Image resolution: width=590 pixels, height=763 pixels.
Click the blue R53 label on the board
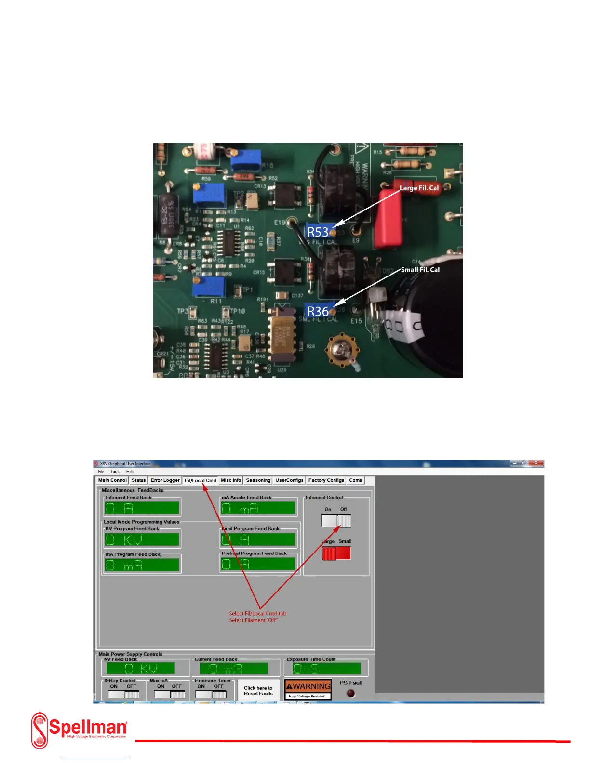click(318, 232)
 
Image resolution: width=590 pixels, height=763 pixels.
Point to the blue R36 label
click(318, 311)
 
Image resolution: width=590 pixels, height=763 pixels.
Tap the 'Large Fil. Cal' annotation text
click(419, 188)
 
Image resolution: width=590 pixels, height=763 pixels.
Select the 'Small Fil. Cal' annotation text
click(420, 270)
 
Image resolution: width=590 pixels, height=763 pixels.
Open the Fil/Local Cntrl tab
click(200, 480)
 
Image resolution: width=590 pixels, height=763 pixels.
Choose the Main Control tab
click(112, 480)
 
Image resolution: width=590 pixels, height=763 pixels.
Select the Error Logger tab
click(165, 480)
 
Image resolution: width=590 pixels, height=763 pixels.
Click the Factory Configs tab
click(326, 480)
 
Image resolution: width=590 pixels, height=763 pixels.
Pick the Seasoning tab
click(258, 480)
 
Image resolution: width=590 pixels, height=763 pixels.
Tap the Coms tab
click(355, 480)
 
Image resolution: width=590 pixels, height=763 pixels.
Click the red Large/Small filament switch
click(336, 553)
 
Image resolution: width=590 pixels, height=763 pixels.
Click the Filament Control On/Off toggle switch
click(336, 521)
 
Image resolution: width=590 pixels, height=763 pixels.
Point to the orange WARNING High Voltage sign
click(308, 689)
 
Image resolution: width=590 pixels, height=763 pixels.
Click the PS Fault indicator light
click(350, 694)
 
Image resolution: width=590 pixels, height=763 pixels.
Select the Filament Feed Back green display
click(142, 508)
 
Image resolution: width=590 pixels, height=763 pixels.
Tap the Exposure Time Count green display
click(326, 669)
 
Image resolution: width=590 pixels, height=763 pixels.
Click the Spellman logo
click(80, 730)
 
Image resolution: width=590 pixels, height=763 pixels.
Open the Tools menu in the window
click(115, 472)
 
